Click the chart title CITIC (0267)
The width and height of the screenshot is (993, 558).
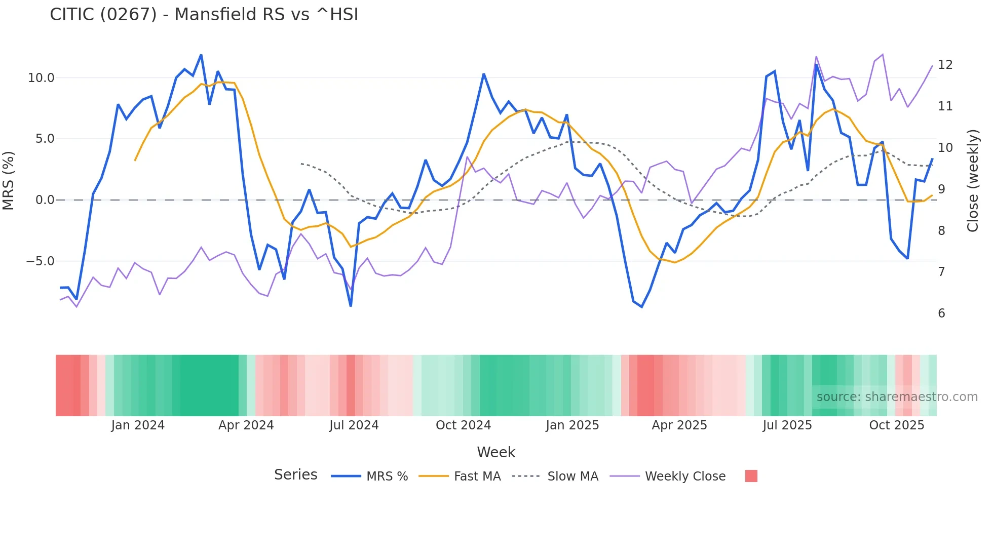coord(204,15)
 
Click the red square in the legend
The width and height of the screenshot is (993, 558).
coord(751,476)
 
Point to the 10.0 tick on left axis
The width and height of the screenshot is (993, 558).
coord(41,78)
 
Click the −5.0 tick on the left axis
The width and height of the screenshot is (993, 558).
coord(40,261)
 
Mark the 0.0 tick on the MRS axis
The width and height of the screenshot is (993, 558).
coord(45,200)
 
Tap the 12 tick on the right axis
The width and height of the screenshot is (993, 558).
coord(945,65)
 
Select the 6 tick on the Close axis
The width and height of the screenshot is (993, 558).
coord(941,313)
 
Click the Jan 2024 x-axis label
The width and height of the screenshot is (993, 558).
coord(138,425)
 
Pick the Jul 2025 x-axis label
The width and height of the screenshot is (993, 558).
coord(787,425)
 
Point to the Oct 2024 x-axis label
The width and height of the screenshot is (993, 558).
coord(463,425)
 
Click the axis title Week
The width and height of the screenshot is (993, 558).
coord(496,452)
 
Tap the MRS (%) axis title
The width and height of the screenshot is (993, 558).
coord(9,181)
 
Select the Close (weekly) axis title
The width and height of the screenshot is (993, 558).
coord(972,181)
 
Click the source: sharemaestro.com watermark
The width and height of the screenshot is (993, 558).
coord(897,397)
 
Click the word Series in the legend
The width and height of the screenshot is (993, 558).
coord(295,475)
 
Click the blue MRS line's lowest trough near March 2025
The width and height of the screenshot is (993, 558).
coord(641,307)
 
